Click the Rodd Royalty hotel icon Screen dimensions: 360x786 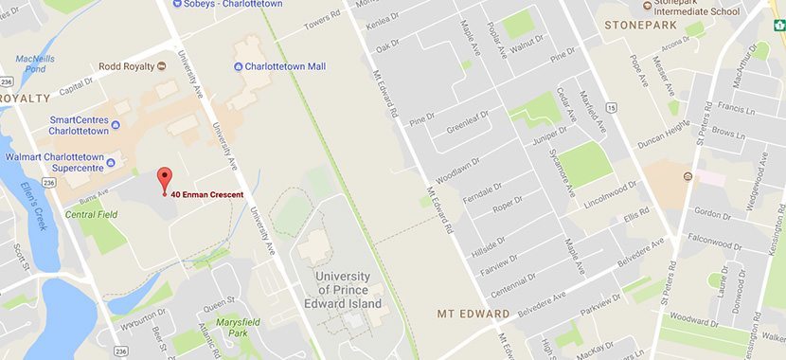pos(162,66)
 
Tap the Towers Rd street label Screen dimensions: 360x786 pos(321,19)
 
